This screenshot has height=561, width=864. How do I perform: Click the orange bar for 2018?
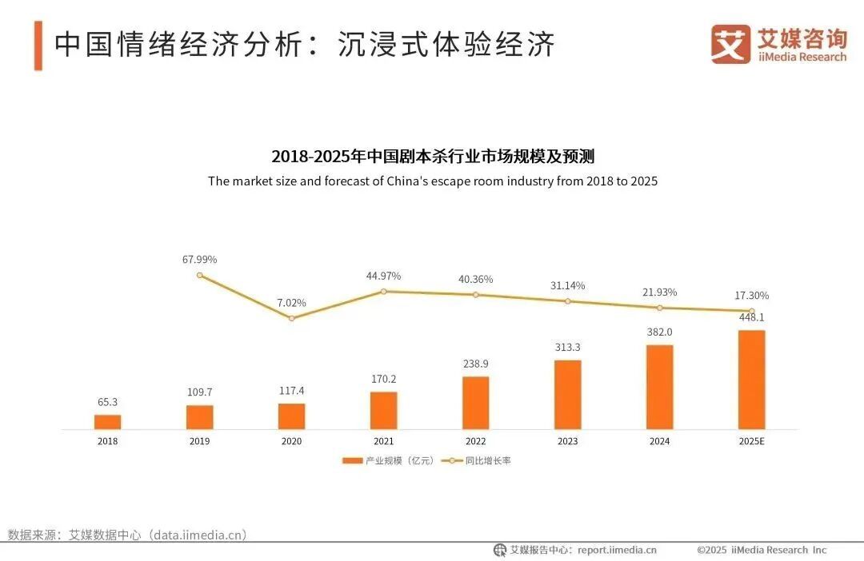[107, 422]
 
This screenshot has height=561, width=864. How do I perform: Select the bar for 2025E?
[751, 380]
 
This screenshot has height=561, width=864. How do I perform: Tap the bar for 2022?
[475, 403]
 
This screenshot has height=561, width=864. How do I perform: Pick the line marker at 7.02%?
[291, 318]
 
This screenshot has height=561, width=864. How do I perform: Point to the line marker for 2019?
[199, 275]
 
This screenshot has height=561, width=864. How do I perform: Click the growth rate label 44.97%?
[383, 276]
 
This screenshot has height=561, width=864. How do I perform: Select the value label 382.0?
[659, 332]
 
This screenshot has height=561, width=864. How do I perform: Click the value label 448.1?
[751, 316]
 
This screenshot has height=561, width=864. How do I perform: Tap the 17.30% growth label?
[751, 296]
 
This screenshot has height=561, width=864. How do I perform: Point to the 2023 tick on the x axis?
[567, 441]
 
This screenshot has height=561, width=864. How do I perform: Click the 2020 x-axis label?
[291, 441]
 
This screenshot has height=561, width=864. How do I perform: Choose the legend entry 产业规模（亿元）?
[389, 461]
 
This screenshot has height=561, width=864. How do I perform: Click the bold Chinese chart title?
[432, 156]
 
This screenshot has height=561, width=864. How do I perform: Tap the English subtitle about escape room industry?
[432, 181]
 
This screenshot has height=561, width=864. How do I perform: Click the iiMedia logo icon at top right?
[730, 45]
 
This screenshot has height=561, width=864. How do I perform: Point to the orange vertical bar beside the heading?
[38, 46]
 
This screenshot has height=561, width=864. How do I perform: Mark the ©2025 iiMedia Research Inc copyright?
[761, 550]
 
